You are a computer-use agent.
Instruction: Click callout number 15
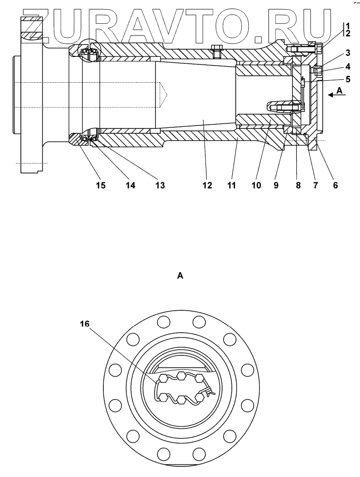[x=101, y=185]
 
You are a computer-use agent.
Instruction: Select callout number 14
[x=130, y=185]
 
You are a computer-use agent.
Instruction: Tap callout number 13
[x=160, y=185]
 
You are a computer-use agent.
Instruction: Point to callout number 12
[x=207, y=185]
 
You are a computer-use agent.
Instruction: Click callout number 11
[x=231, y=185]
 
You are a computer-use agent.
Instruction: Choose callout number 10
[x=257, y=185]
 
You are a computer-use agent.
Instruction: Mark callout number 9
[x=276, y=185]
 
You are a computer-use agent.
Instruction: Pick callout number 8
[x=298, y=185]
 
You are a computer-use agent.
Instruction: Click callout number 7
[x=315, y=185]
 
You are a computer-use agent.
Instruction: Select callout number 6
[x=335, y=185]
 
